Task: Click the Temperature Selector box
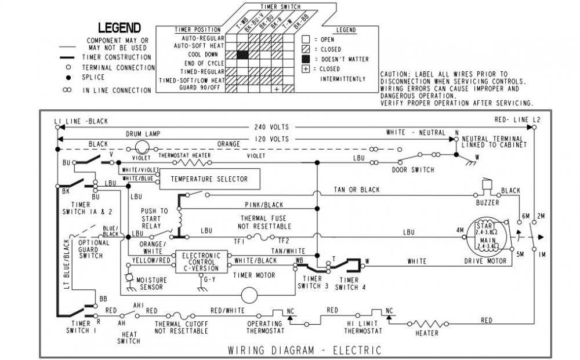pyautogui.click(x=209, y=179)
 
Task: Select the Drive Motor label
pyautogui.click(x=485, y=261)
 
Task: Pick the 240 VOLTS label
pyautogui.click(x=271, y=126)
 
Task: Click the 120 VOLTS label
pyautogui.click(x=271, y=139)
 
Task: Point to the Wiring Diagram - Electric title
pyautogui.click(x=304, y=350)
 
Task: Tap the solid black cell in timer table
pyautogui.click(x=242, y=54)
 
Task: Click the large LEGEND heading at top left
pyautogui.click(x=119, y=27)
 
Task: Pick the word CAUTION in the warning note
pyautogui.click(x=394, y=75)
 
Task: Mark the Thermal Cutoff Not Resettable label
pyautogui.click(x=181, y=328)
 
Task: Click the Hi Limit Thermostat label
pyautogui.click(x=363, y=328)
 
